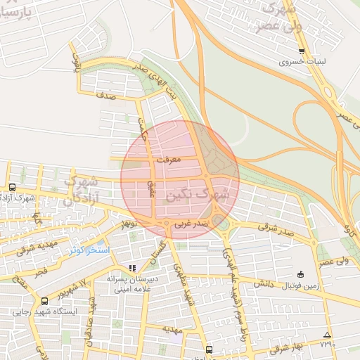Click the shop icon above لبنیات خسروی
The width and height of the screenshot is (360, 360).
pyautogui.click(x=302, y=51)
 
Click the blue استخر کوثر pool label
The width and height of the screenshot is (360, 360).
pyautogui.click(x=89, y=250)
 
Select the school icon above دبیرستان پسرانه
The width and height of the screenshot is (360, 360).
pyautogui.click(x=132, y=268)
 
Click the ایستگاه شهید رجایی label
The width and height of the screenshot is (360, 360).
pyautogui.click(x=46, y=311)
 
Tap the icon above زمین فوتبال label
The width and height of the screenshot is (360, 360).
pyautogui.click(x=302, y=274)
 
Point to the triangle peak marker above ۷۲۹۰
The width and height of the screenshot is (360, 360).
pyautogui.click(x=327, y=334)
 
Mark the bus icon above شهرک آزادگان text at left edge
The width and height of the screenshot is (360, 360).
pyautogui.click(x=13, y=187)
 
